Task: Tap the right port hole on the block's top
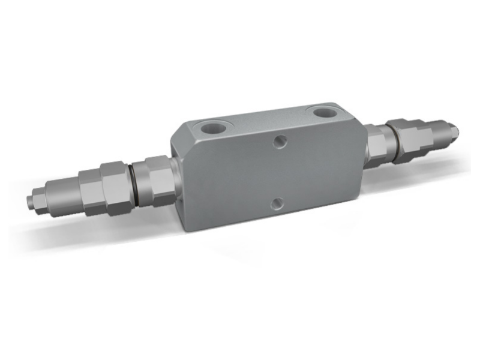click(x=325, y=113)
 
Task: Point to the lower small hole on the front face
click(x=275, y=203)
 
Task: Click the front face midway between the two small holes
click(x=278, y=173)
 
